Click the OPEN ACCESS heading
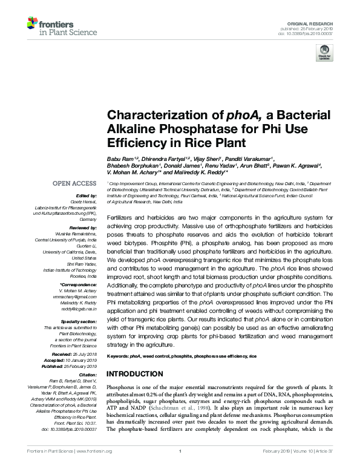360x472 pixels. [x=74, y=183]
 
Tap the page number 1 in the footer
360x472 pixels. [x=180, y=468]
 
